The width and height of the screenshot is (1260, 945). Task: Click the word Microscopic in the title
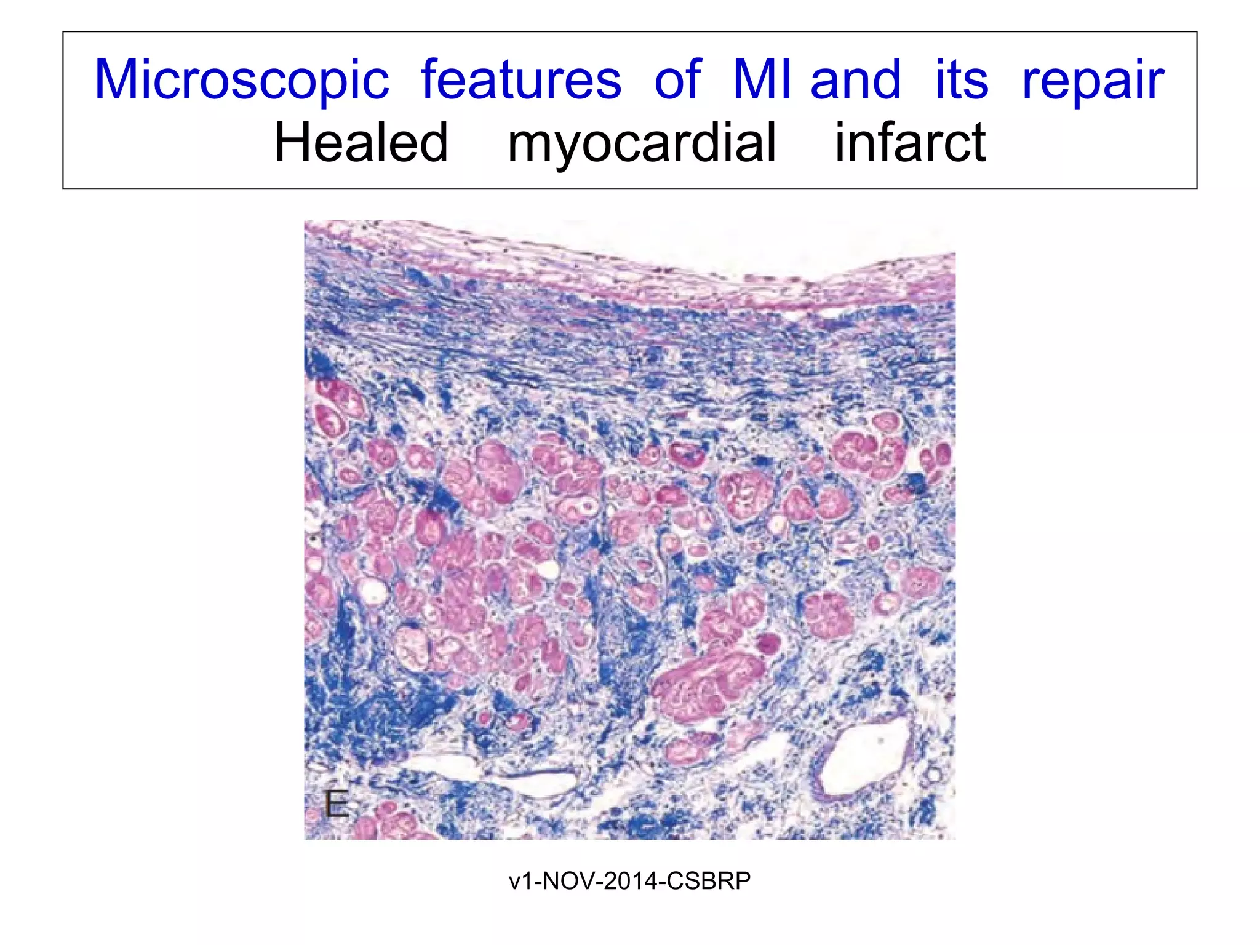click(242, 80)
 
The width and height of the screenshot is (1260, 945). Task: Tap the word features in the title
click(521, 80)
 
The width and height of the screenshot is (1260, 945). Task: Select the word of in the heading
click(677, 80)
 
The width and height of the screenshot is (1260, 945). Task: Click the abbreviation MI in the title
click(765, 80)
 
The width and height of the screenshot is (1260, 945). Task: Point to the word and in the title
click(856, 80)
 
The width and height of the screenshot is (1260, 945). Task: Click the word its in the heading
click(962, 80)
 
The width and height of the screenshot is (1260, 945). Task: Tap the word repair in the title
click(1093, 80)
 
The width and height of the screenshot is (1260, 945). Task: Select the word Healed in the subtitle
click(361, 143)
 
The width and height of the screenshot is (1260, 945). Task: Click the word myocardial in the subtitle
click(642, 143)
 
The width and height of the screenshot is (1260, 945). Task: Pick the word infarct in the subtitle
click(910, 143)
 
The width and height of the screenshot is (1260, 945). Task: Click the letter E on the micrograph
click(337, 805)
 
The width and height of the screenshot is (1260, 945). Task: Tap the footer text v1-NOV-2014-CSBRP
click(629, 881)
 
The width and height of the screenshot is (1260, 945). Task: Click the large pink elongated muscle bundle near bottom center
click(708, 683)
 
